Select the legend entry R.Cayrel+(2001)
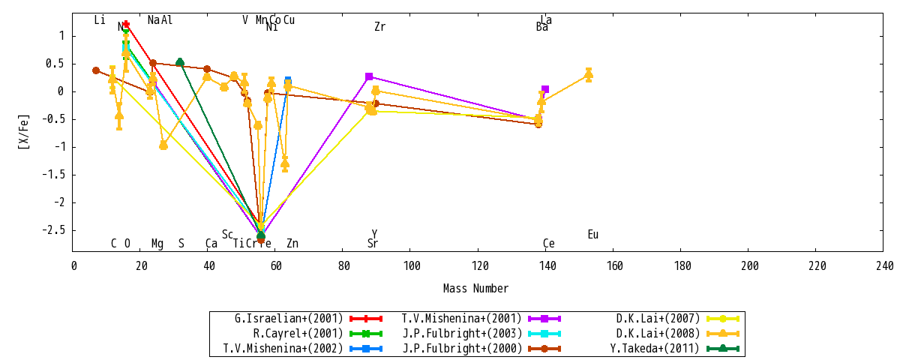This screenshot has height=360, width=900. [298, 334]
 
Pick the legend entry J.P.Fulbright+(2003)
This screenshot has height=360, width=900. [463, 334]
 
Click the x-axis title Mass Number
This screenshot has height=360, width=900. [475, 289]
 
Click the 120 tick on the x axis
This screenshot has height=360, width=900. [480, 266]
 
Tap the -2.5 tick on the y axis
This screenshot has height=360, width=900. [55, 229]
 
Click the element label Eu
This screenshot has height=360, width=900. [592, 235]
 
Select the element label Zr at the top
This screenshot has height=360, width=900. [379, 27]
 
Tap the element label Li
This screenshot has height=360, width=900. [100, 20]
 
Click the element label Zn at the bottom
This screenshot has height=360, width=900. [292, 244]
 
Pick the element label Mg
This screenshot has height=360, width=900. [157, 244]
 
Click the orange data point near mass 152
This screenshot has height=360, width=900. [589, 74]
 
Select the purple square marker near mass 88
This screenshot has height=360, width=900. [369, 76]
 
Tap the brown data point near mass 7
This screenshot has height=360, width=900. [96, 70]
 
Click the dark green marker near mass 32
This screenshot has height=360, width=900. [180, 62]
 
